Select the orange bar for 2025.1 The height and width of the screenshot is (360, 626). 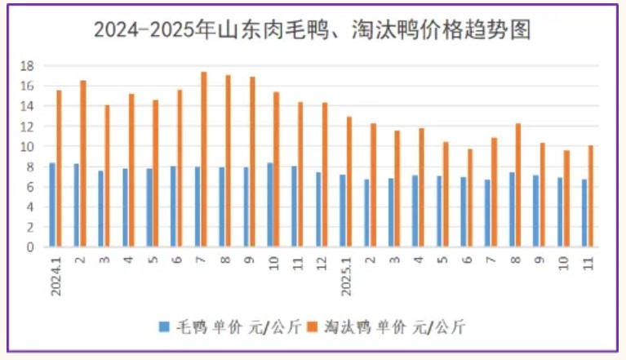tap(349, 181)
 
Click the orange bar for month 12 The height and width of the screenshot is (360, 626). tap(325, 174)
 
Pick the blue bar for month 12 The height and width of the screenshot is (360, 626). tap(318, 209)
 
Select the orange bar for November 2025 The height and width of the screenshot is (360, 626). tap(591, 196)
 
